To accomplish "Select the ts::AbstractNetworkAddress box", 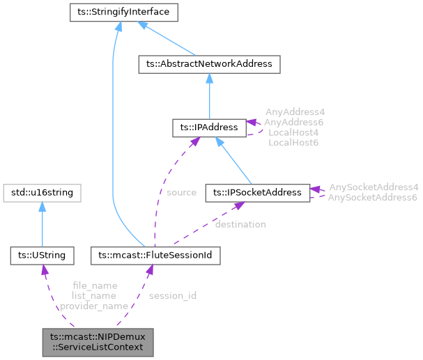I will [x=209, y=65].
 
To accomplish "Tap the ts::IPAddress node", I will [x=208, y=127].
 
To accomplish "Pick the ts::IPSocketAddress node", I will [x=257, y=192].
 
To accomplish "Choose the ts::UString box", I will [x=43, y=256].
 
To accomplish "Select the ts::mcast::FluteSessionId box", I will [x=156, y=256].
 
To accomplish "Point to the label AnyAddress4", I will [x=295, y=111].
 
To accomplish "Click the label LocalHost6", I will [x=293, y=142].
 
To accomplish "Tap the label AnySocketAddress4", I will [x=374, y=187].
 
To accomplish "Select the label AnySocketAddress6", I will [x=374, y=198].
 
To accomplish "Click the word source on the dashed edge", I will [x=181, y=192].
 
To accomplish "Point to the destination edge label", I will [x=240, y=224].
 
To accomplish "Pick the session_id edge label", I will [x=173, y=295].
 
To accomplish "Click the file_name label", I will [x=95, y=285].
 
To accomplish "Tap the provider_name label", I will [x=94, y=306].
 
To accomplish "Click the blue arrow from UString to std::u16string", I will [x=43, y=223].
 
